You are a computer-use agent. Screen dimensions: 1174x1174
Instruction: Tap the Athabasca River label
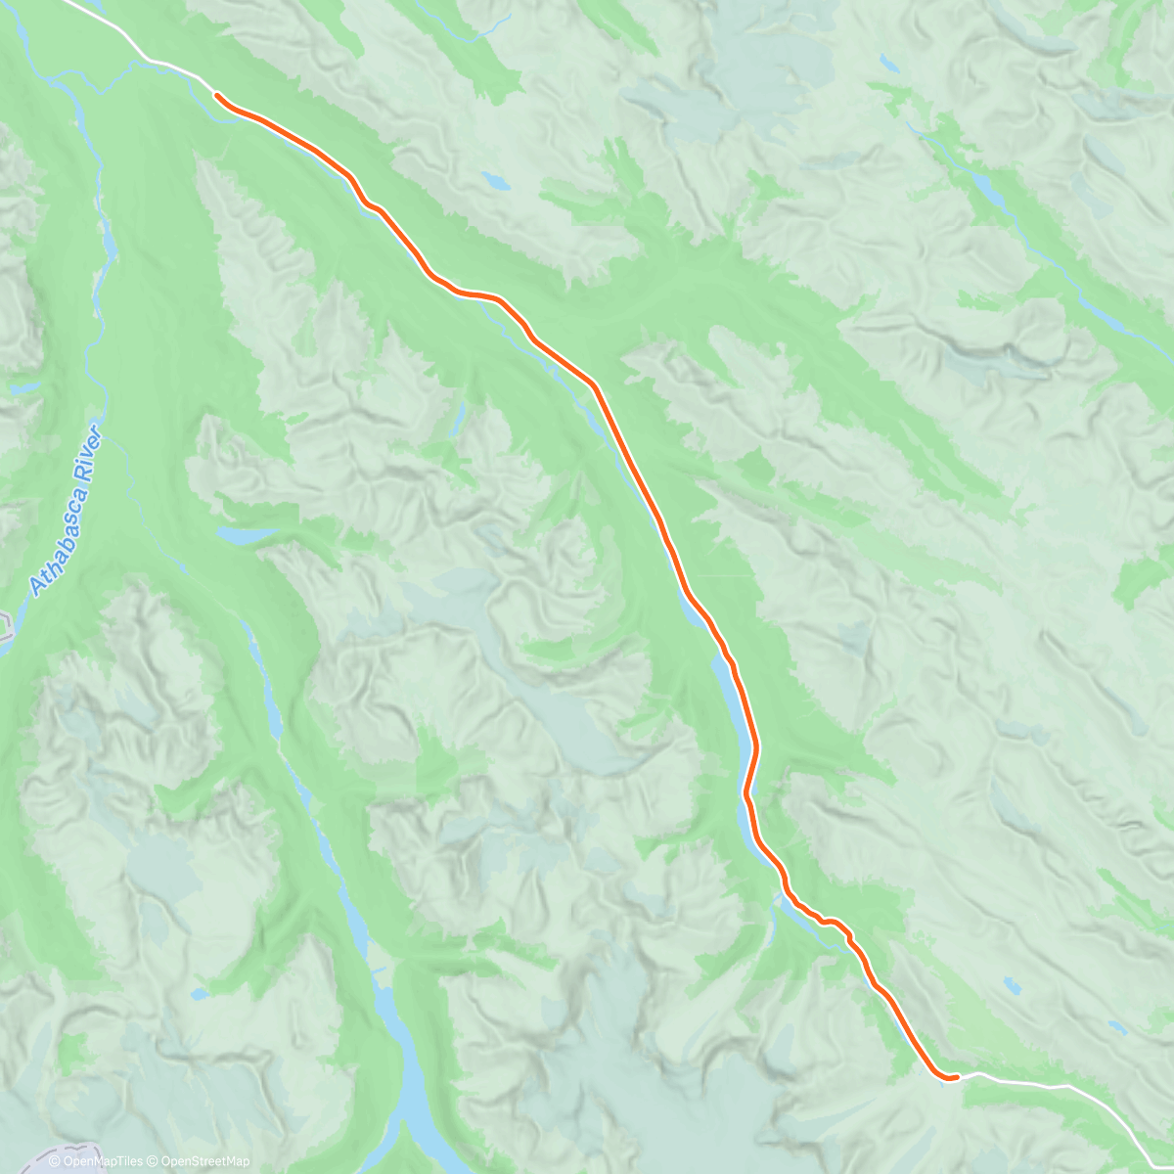coord(66,511)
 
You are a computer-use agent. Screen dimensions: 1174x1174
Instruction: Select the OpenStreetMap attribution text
coord(201,1161)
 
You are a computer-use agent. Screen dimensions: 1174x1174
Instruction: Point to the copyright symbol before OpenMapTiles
coord(55,1161)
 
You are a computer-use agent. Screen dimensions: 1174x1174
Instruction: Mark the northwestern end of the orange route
coord(215,95)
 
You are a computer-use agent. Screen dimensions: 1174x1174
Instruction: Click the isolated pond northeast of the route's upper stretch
coord(496,182)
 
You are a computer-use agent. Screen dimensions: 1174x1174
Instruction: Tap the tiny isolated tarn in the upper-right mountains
coord(888,65)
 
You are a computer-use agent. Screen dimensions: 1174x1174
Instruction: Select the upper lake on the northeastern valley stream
coord(988,188)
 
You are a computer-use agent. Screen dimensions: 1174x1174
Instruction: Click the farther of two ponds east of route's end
coord(1115,1026)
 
